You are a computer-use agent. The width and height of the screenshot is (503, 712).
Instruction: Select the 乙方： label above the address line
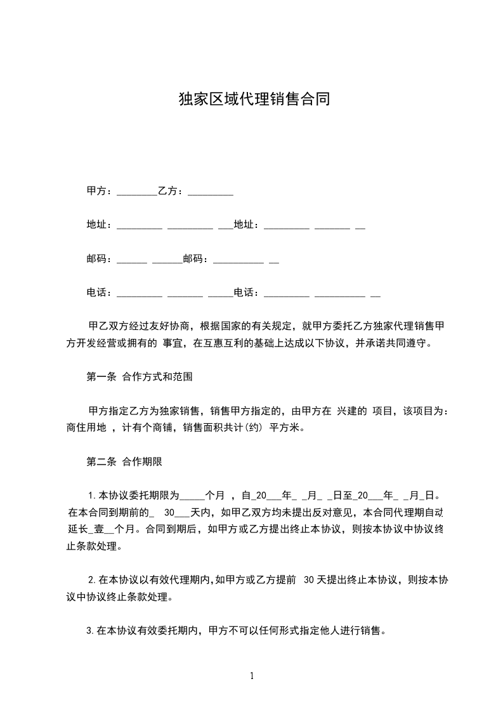(171, 190)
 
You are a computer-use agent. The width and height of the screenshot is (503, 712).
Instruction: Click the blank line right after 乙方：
(211, 193)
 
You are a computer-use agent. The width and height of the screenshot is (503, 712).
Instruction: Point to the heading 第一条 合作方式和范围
(139, 377)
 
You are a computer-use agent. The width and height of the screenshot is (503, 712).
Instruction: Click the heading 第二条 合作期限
(124, 462)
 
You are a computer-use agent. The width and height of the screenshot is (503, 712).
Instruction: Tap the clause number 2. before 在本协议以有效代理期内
(93, 579)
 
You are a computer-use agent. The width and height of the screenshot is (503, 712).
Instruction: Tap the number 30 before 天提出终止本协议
(310, 579)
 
